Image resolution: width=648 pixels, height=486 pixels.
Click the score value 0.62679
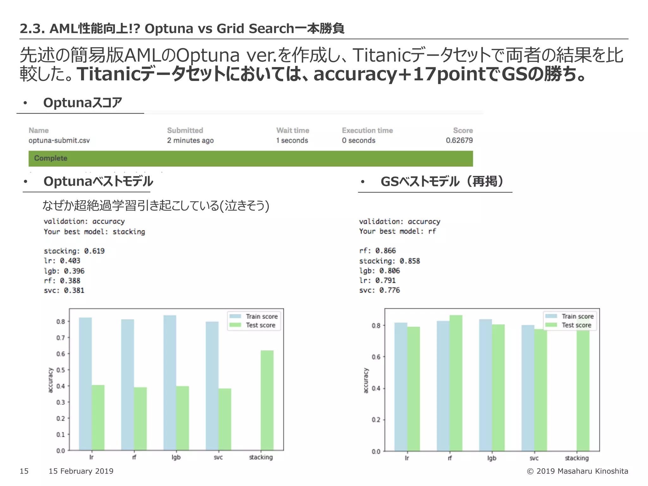[459, 140]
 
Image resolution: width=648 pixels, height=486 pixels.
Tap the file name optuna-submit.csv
[59, 140]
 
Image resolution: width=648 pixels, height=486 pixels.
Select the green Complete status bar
[251, 159]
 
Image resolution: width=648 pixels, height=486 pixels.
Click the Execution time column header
[367, 130]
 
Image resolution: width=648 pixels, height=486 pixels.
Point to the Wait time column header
[293, 130]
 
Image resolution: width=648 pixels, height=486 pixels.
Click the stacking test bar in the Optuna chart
[267, 400]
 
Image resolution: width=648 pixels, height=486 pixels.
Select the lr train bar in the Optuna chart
[85, 383]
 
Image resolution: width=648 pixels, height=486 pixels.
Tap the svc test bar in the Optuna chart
[225, 419]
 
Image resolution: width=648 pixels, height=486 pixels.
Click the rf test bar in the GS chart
[456, 383]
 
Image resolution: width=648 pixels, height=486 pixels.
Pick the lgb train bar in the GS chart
[485, 385]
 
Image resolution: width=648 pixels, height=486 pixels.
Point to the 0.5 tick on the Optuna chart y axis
[61, 370]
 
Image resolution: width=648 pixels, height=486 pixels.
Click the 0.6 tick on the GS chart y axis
[376, 357]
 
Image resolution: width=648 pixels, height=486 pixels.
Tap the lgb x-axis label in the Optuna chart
[176, 457]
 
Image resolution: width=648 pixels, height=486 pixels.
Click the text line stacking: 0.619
[74, 251]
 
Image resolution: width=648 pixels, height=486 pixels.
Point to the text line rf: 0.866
[377, 251]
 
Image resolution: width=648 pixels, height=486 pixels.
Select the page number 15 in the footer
[24, 471]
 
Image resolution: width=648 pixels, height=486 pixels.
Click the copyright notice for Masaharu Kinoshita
[577, 471]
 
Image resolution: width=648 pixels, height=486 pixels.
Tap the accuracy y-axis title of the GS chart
[366, 380]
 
